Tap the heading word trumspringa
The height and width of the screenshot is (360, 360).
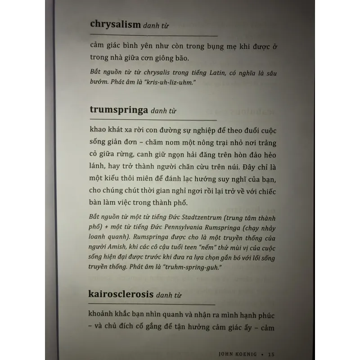pos(119,110)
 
